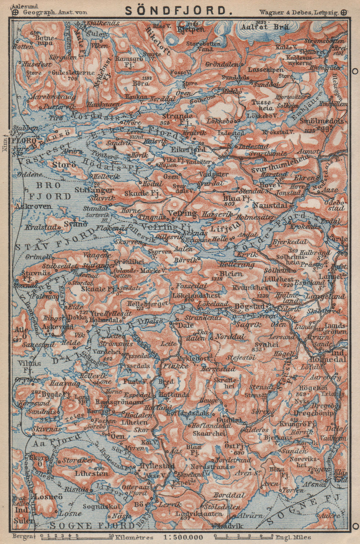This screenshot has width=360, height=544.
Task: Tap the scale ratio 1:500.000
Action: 183,537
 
